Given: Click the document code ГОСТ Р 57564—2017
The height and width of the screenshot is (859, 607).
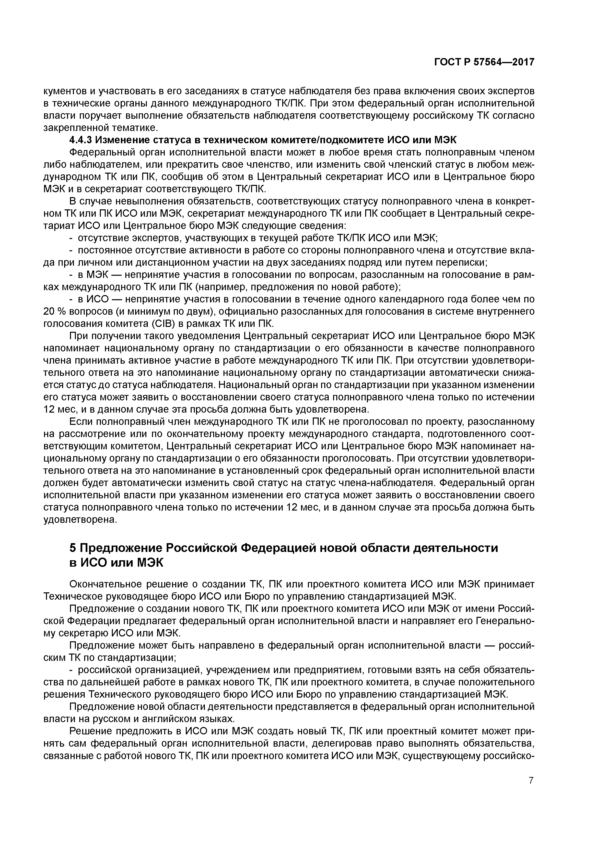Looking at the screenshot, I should [484, 62].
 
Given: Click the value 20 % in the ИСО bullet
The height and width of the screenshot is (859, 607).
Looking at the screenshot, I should [55, 311].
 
